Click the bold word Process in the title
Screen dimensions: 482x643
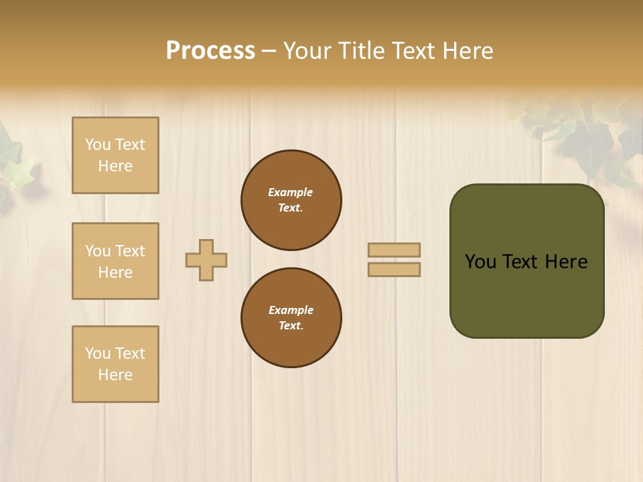[210, 51]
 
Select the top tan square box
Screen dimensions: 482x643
[115, 155]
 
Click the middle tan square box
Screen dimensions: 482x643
[115, 261]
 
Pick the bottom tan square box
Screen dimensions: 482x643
[115, 364]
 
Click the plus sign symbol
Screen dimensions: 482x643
[206, 260]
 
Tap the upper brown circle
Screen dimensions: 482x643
[291, 200]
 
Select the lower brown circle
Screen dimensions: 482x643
[291, 318]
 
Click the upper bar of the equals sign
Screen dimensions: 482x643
[395, 250]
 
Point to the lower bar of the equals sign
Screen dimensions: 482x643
[395, 269]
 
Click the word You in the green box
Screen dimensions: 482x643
[480, 262]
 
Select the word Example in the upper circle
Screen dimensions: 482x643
[291, 192]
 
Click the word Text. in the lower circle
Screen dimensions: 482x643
[291, 326]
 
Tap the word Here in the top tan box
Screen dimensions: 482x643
[115, 166]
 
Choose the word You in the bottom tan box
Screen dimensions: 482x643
[98, 353]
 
